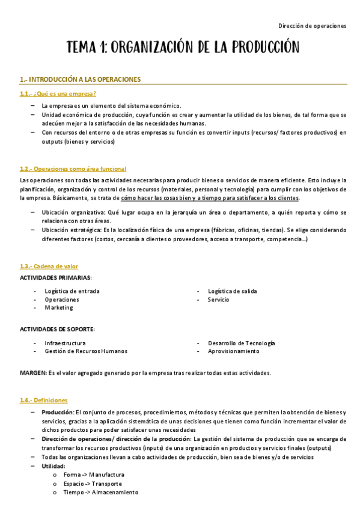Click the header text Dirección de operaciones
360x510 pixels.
[x=313, y=26]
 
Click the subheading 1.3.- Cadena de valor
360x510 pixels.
[x=49, y=266]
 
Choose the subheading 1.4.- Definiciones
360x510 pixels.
[x=43, y=400]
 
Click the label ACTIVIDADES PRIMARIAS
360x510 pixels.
[x=56, y=277]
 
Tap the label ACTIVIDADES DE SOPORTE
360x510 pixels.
[x=57, y=329]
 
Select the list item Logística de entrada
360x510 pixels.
[x=72, y=291]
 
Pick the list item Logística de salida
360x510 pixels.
[x=232, y=291]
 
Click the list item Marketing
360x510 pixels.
[x=59, y=307]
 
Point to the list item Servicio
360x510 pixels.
[x=218, y=300]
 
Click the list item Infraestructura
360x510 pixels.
[x=65, y=343]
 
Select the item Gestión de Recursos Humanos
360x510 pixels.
[x=86, y=351]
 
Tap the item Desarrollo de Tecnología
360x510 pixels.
[x=241, y=343]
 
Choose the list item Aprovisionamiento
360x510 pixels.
[x=234, y=351]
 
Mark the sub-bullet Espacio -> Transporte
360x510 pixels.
[x=93, y=484]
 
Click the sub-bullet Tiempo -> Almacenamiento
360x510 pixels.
[x=100, y=492]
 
